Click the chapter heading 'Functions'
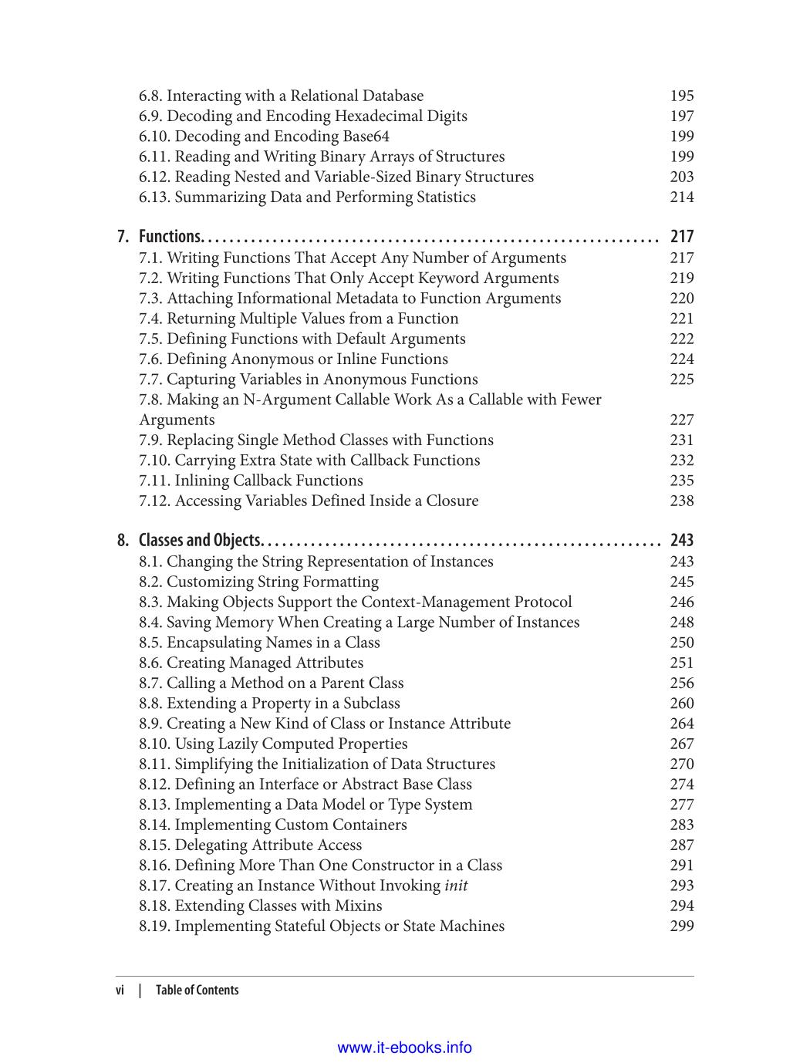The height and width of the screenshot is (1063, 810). (170, 237)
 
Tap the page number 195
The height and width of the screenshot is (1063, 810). (682, 96)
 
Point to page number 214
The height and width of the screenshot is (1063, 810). (682, 197)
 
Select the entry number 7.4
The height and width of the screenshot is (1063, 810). (150, 319)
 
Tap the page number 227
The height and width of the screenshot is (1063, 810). (682, 420)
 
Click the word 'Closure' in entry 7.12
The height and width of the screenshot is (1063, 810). (452, 501)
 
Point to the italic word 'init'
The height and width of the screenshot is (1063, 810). (456, 886)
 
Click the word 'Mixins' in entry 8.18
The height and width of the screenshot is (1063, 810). (358, 906)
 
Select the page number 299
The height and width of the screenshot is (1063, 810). (682, 926)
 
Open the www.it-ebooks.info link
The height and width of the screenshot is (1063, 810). (405, 1048)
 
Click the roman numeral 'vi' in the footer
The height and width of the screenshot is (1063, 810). (120, 990)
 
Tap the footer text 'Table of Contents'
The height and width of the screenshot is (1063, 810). (197, 990)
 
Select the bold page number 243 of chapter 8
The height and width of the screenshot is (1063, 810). (682, 540)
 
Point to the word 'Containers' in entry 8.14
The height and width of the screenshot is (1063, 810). (369, 825)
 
